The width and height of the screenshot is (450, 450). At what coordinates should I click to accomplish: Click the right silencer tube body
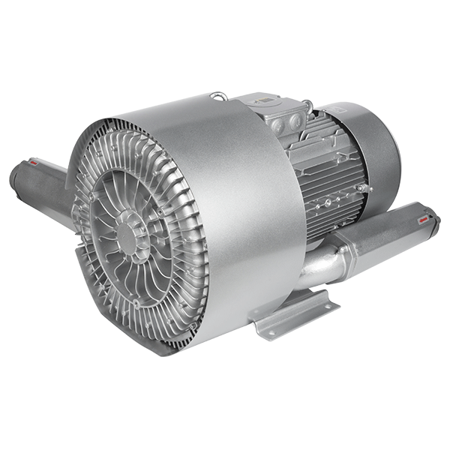click(382, 232)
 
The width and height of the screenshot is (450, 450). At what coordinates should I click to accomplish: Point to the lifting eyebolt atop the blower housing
click(218, 96)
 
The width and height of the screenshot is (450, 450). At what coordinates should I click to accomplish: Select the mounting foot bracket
click(292, 315)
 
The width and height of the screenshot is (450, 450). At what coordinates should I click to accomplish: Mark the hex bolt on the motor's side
click(361, 187)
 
